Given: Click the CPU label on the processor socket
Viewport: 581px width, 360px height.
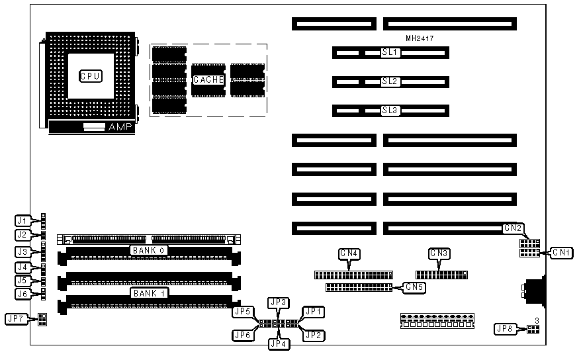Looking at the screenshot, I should [x=89, y=76].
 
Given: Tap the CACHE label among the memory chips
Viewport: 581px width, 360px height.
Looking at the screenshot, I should [x=208, y=80].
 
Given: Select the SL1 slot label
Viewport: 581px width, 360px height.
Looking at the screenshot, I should [x=390, y=52].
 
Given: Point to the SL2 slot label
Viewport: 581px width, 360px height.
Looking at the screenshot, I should [x=390, y=81].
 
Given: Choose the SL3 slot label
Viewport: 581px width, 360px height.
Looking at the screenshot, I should [x=390, y=111].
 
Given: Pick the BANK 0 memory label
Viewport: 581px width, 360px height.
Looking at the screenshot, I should [x=149, y=250].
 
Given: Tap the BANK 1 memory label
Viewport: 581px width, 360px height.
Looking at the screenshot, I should [x=149, y=291].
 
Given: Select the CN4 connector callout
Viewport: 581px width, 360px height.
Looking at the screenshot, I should [x=349, y=253].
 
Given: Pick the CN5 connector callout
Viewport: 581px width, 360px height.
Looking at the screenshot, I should [x=414, y=287].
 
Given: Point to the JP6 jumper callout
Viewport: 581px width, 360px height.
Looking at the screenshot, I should [x=242, y=335].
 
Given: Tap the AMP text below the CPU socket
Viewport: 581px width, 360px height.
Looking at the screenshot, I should [x=120, y=126].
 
